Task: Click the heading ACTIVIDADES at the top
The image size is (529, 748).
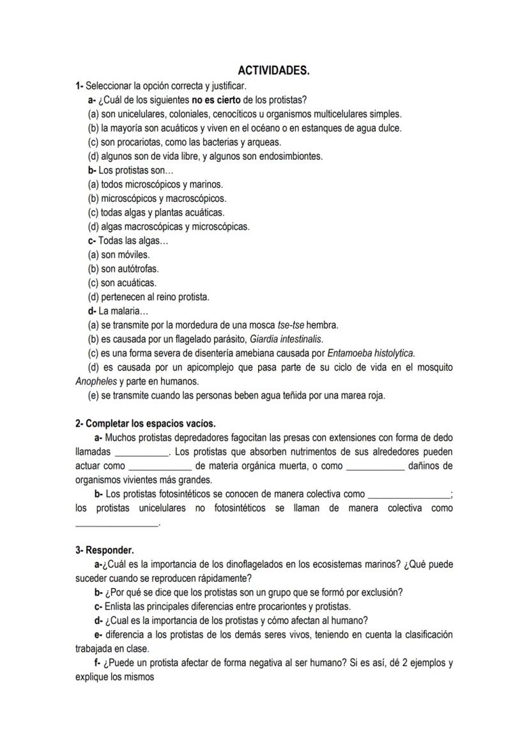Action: pos(273,70)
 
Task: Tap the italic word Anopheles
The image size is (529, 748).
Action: pos(96,381)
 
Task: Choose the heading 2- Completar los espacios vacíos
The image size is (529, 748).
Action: pos(146,424)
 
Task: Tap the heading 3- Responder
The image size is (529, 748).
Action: pos(105,550)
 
